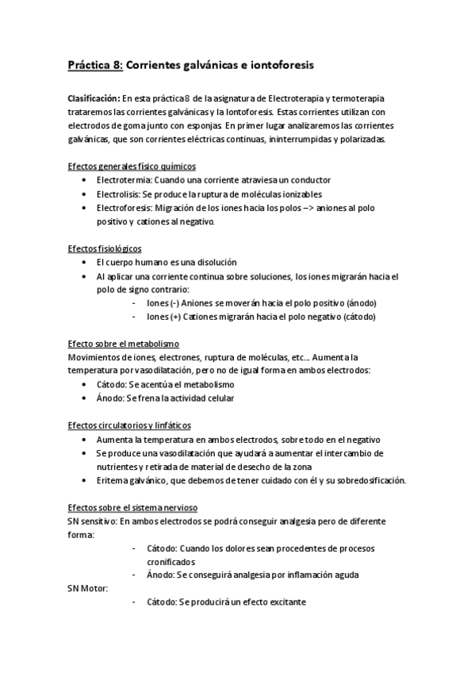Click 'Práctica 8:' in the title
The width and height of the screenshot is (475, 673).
[x=94, y=65]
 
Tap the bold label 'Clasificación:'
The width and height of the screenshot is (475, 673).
[x=93, y=98]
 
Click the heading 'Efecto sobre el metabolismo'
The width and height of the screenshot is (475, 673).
[x=124, y=344]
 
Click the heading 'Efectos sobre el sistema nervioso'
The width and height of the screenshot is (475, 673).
[x=132, y=507]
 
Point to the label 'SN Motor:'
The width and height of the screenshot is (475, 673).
[x=88, y=588]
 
